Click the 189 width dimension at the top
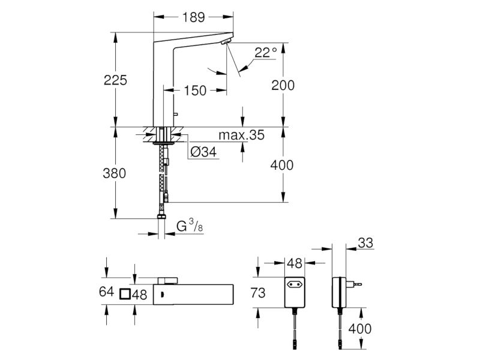tap(193, 17)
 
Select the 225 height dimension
tap(115, 80)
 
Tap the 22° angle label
tap(265, 52)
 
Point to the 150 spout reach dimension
tap(195, 91)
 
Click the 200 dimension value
tap(283, 85)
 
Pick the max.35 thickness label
tap(242, 134)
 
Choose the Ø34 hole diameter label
tap(203, 152)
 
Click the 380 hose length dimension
tap(115, 173)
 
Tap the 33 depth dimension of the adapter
tap(365, 243)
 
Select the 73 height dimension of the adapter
tap(258, 293)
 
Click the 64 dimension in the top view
tap(107, 292)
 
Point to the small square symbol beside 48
tap(125, 294)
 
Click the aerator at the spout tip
tap(227, 42)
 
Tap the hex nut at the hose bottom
tap(161, 217)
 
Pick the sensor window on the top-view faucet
tap(162, 295)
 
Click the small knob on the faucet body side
tap(175, 115)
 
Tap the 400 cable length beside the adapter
tap(360, 329)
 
